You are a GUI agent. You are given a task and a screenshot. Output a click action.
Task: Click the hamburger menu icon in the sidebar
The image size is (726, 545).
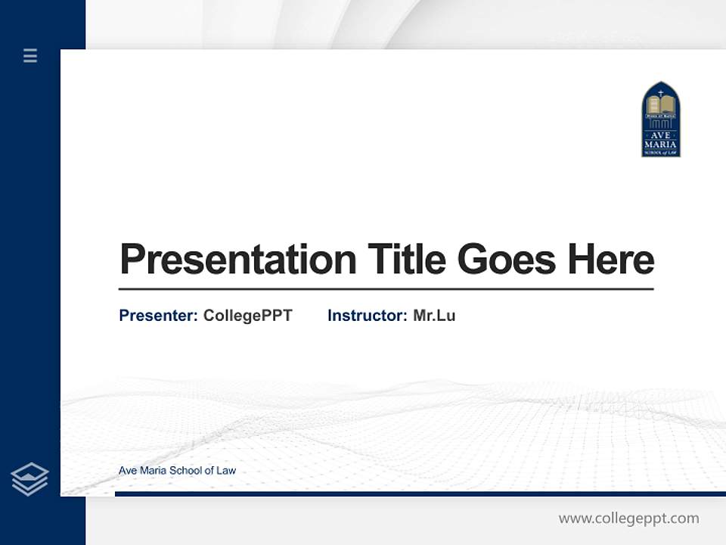[30, 55]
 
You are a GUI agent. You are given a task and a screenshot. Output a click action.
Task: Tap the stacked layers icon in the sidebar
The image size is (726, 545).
[29, 479]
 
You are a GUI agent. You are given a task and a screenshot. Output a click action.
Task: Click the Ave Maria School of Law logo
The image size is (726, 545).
[661, 120]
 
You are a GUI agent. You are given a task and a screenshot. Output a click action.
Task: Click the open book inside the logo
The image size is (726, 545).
[661, 105]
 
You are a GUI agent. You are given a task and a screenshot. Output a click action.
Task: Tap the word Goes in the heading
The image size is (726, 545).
[507, 260]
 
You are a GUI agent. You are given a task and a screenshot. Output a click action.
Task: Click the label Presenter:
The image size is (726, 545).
[159, 316]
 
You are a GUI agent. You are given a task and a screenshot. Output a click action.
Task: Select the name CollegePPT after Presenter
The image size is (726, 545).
[248, 316]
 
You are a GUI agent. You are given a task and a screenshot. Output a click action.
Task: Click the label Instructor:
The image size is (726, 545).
[368, 316]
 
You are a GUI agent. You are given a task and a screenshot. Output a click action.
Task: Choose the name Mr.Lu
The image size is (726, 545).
[434, 316]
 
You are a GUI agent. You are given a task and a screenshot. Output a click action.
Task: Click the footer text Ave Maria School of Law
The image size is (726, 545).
[177, 470]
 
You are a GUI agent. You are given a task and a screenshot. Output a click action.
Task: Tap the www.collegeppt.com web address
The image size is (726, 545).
[628, 519]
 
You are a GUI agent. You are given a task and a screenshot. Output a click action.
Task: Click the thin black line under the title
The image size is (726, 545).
[386, 289]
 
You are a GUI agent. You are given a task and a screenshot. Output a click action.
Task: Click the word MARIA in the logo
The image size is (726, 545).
[661, 144]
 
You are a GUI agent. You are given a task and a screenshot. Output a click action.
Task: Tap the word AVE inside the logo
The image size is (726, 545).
[661, 135]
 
